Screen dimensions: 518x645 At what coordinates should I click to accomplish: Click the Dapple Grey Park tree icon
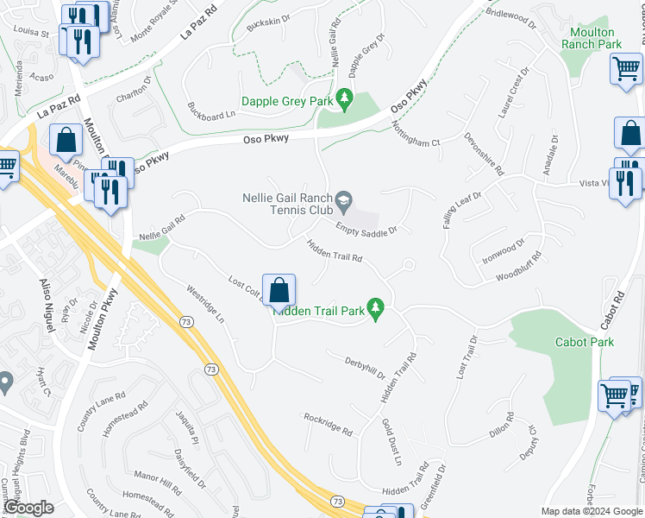[345, 100]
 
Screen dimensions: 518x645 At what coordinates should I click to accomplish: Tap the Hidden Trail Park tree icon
[375, 308]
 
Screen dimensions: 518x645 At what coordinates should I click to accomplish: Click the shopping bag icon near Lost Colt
[279, 292]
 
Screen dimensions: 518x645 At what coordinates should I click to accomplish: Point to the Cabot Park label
[591, 342]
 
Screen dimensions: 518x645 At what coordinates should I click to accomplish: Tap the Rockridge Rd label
[328, 424]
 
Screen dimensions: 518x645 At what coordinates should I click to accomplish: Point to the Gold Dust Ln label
[391, 442]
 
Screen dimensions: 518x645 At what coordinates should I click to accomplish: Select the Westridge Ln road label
[204, 303]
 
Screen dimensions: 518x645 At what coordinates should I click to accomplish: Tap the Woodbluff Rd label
[518, 267]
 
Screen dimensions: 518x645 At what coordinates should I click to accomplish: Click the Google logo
[28, 509]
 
